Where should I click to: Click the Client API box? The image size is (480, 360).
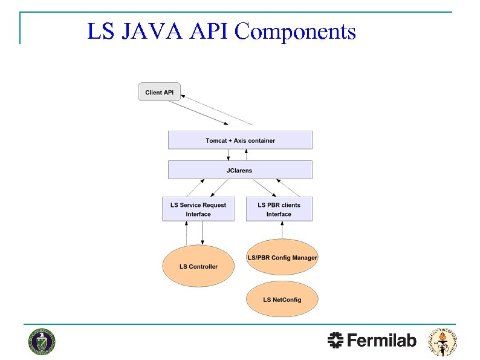tap(160, 92)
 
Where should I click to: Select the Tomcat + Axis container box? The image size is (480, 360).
tap(240, 140)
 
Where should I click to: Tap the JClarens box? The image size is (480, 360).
tap(240, 170)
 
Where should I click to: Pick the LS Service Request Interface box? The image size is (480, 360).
tap(198, 209)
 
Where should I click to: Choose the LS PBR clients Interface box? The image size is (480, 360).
tap(279, 209)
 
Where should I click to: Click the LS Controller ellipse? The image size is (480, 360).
tap(198, 266)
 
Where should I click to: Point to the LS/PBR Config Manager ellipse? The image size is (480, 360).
tap(282, 258)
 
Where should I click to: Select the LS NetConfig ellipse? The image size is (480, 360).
tap(282, 299)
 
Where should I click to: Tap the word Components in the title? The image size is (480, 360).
tap(295, 31)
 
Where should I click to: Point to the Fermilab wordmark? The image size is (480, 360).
tap(382, 341)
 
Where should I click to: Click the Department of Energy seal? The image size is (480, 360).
tap(41, 342)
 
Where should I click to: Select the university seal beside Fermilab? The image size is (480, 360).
tap(443, 342)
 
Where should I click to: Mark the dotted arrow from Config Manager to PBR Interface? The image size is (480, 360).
tap(282, 231)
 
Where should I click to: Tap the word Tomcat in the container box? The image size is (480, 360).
tap(216, 140)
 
